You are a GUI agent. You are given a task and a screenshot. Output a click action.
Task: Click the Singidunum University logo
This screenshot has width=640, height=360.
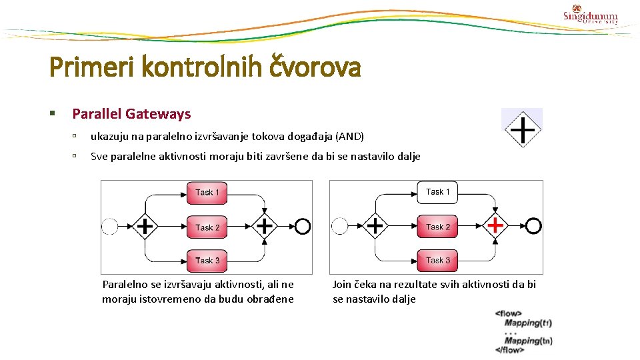pyautogui.click(x=590, y=14)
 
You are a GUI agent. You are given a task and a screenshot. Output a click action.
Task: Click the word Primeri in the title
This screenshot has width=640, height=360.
pyautogui.click(x=83, y=67)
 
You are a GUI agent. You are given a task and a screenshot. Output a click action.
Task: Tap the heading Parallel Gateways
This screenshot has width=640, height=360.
pyautogui.click(x=131, y=114)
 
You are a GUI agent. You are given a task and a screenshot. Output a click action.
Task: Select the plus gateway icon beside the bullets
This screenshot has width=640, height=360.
pyautogui.click(x=522, y=128)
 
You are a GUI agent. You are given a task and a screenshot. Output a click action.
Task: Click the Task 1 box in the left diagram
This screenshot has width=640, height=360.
pyautogui.click(x=207, y=193)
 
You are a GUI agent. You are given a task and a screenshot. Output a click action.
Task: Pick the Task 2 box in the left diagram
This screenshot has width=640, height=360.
pyautogui.click(x=207, y=227)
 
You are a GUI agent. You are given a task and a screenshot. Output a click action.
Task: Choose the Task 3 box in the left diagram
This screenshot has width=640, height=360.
pyautogui.click(x=207, y=260)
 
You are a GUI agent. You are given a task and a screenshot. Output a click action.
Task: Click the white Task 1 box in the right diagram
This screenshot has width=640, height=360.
pyautogui.click(x=437, y=192)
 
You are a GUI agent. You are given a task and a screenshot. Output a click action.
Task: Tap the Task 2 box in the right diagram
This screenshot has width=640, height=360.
pyautogui.click(x=437, y=227)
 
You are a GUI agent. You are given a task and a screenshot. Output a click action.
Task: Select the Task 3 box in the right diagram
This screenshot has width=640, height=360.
pyautogui.click(x=437, y=260)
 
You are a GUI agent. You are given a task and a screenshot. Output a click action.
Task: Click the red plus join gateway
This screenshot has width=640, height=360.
pyautogui.click(x=495, y=226)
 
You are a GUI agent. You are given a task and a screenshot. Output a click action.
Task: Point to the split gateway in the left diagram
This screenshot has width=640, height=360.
pyautogui.click(x=145, y=227)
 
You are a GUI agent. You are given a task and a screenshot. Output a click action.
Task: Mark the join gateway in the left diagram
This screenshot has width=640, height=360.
pyautogui.click(x=265, y=227)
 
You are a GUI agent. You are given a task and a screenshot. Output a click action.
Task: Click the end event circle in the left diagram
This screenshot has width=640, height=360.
pyautogui.click(x=303, y=227)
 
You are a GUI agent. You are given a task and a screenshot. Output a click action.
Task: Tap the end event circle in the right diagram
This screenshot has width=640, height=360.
pyautogui.click(x=533, y=226)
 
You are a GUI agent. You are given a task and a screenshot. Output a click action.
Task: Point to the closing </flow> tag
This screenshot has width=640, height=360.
pyautogui.click(x=509, y=350)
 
